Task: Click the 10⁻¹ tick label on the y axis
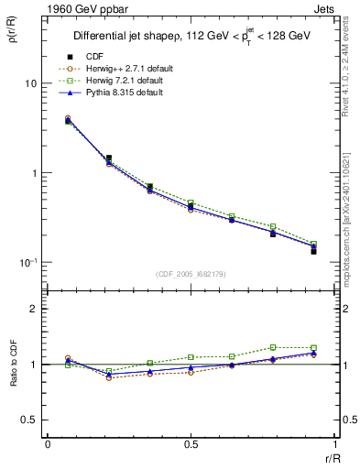point(28,263)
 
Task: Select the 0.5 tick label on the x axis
point(191,444)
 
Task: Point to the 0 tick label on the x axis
point(48,444)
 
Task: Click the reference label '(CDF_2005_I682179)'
point(191,272)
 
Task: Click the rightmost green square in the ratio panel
point(313,348)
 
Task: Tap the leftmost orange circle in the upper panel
point(68,118)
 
